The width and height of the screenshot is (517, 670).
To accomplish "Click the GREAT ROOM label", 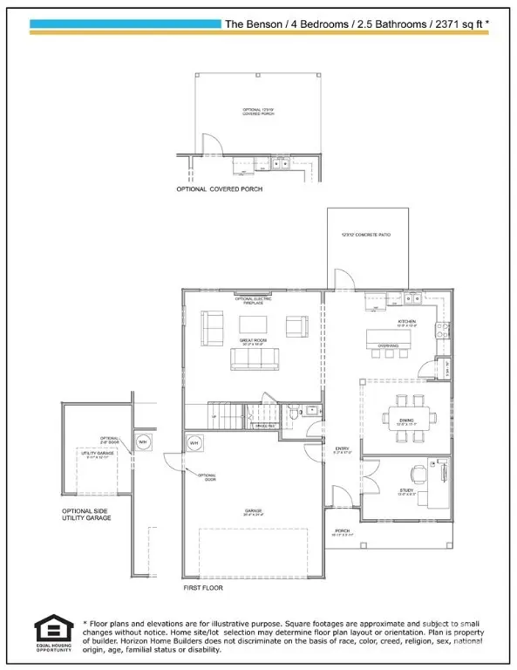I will (x=253, y=341).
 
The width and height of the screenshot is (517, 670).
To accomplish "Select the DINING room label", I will (x=406, y=420).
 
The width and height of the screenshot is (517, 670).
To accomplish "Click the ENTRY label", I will (x=342, y=448).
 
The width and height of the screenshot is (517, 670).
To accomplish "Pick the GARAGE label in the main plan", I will (x=254, y=511).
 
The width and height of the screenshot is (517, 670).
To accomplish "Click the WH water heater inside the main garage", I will (x=194, y=444).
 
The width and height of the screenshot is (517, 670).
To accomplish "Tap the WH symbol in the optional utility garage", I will (x=144, y=441).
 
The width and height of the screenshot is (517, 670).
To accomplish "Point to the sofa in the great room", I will (x=252, y=359).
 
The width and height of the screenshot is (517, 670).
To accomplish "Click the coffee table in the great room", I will (x=253, y=325).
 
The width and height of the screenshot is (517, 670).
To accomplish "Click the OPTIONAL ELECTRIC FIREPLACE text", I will (x=253, y=299).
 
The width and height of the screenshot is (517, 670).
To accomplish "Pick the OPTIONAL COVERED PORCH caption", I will (x=219, y=188).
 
